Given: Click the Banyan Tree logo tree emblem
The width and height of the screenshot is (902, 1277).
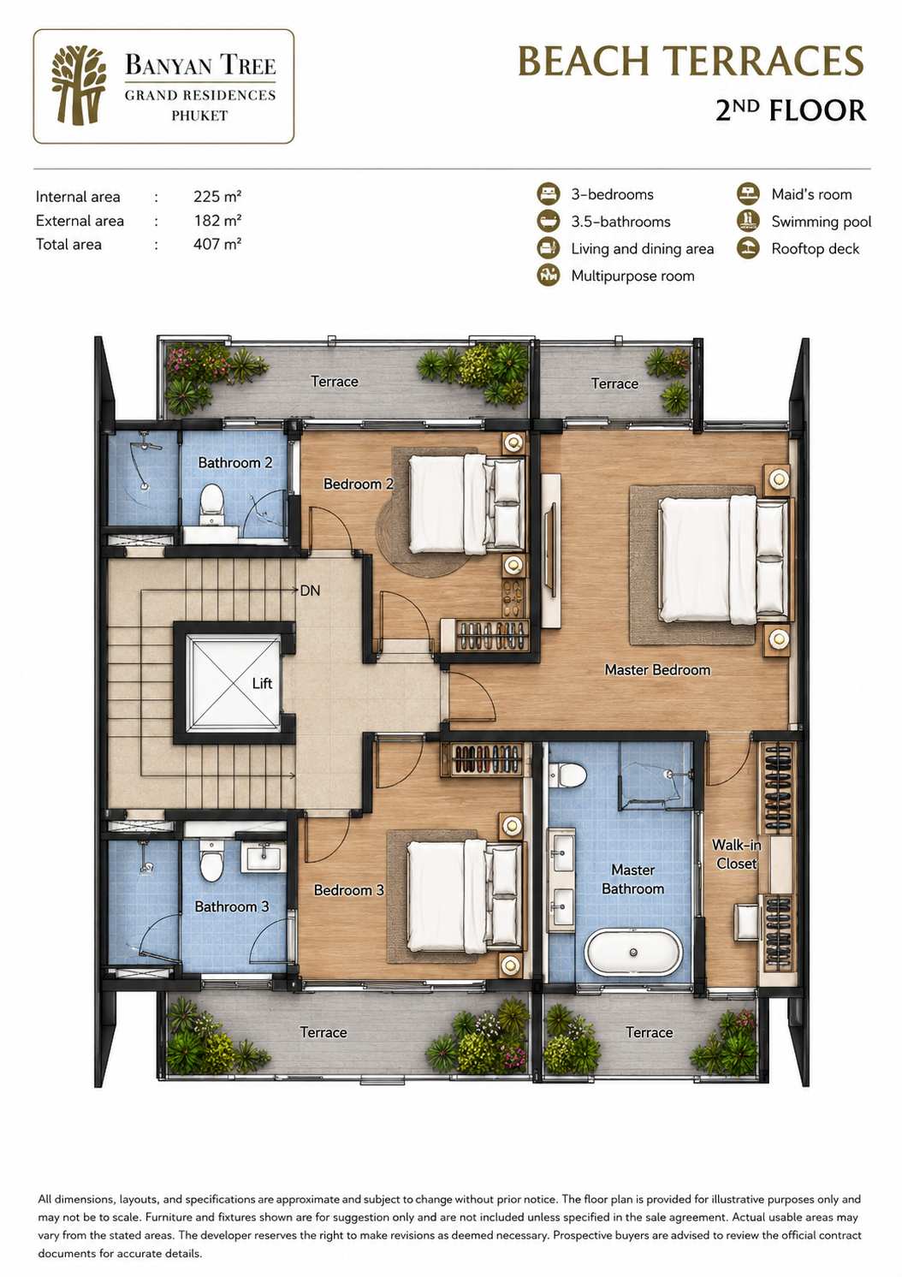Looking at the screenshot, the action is coord(79,85).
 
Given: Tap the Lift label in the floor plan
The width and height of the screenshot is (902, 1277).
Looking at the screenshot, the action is coord(262,683).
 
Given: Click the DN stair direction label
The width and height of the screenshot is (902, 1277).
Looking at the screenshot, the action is coord(310,591).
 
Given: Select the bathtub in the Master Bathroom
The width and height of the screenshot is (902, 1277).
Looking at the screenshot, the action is coord(633,953).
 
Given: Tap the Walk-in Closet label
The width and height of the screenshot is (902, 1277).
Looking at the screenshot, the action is coord(736,853).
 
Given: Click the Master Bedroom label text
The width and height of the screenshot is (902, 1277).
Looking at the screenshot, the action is coord(657,670).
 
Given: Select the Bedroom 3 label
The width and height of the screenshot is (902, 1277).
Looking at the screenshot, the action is coord(349,890).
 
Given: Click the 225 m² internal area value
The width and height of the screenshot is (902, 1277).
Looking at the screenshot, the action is coord(217,197).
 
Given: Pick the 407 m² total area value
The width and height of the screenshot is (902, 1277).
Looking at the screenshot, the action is coord(217,245).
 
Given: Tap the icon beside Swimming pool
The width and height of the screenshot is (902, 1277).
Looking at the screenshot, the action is coord(748,221).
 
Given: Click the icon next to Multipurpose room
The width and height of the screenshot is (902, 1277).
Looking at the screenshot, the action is coord(549,276).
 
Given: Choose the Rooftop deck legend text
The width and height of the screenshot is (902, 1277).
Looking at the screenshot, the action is coord(816,249).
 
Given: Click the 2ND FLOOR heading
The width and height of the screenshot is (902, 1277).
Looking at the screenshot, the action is coord(791,110).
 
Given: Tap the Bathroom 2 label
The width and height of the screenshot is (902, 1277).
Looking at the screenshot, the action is coord(234,462).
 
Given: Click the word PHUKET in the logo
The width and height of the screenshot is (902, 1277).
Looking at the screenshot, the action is coord(199,116).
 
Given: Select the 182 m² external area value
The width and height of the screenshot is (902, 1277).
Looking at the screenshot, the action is coord(217,221).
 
